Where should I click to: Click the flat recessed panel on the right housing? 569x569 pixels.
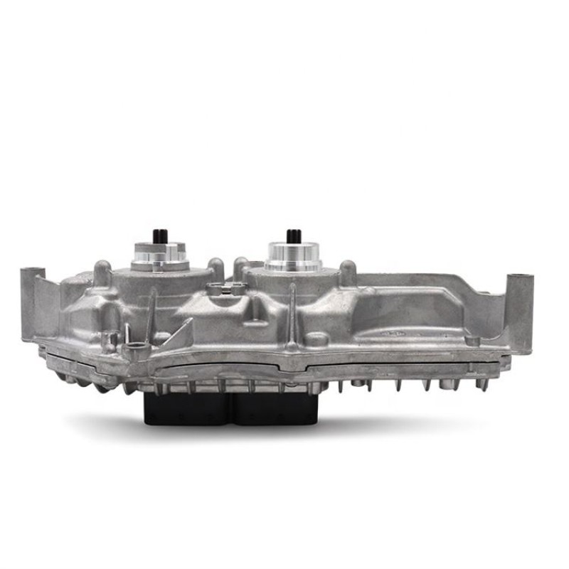tap(441, 306)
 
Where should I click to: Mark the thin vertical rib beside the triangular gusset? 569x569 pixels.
tap(151, 313)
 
